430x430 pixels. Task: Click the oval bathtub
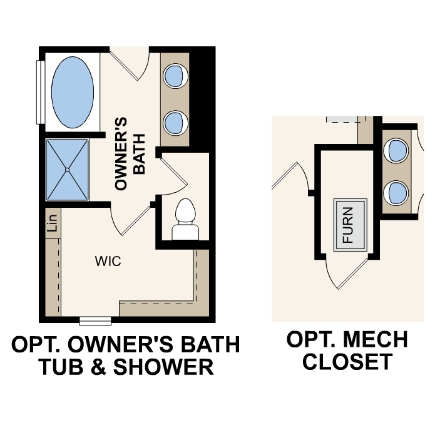[x=72, y=90]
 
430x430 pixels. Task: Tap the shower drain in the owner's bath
[x=68, y=170]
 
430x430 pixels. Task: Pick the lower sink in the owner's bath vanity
[x=175, y=120]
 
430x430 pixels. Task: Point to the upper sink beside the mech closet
[x=397, y=150]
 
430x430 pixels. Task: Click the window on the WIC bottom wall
[x=96, y=322]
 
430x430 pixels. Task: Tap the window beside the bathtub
[x=41, y=92]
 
